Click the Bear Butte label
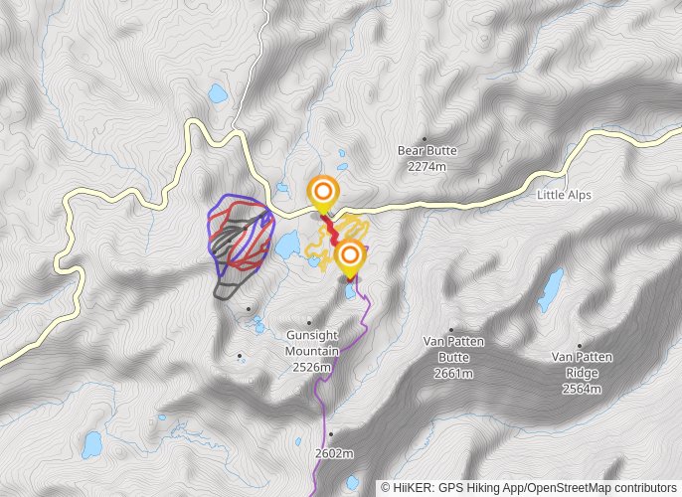click(x=427, y=151)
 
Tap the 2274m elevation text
click(x=427, y=166)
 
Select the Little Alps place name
click(x=564, y=195)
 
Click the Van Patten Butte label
click(x=452, y=350)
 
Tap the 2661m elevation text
click(x=452, y=374)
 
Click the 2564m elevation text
click(x=583, y=389)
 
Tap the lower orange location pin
click(x=349, y=258)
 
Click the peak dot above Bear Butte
click(x=426, y=139)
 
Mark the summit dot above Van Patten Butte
click(x=451, y=330)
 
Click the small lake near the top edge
click(x=216, y=94)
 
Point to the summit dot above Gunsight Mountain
click(x=308, y=322)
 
